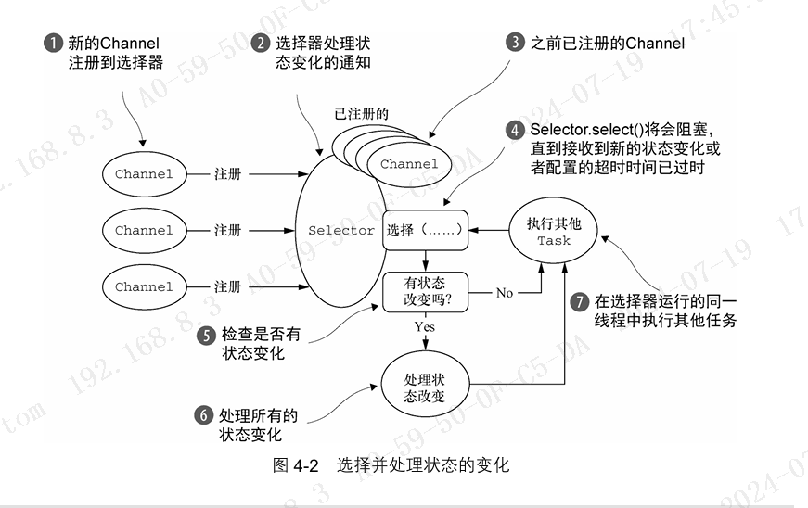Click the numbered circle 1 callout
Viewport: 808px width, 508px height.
click(x=54, y=44)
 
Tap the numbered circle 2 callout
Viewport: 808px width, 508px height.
click(x=263, y=44)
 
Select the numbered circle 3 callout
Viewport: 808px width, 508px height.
click(x=514, y=43)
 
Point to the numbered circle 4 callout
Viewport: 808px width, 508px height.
click(x=515, y=130)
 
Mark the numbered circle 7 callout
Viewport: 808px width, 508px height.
click(x=579, y=301)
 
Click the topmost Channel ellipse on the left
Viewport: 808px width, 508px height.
click(x=144, y=173)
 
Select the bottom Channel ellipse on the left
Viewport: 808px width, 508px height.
click(x=144, y=286)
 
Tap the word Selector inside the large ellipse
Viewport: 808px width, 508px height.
click(x=341, y=230)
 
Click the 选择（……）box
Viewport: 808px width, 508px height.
click(x=425, y=230)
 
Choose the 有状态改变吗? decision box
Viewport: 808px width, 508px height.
click(x=424, y=292)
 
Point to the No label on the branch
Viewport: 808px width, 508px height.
click(x=504, y=293)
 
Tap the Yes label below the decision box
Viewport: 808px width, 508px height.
click(x=426, y=327)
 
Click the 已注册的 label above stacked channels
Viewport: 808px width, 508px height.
click(x=361, y=114)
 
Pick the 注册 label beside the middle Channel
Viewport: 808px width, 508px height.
click(x=227, y=230)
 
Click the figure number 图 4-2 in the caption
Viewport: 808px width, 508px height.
click(x=296, y=466)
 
